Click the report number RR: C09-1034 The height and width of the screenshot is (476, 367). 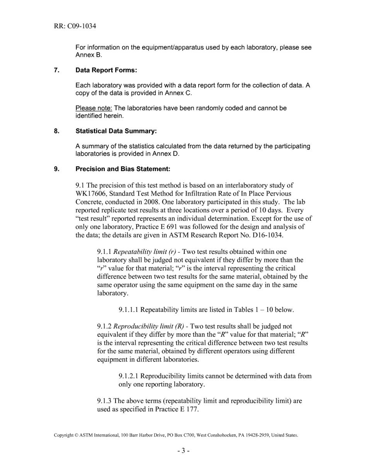tap(75, 26)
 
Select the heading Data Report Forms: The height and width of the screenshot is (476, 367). tap(106, 70)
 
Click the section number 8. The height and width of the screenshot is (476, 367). tap(56, 131)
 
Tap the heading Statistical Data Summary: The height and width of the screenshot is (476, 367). tap(116, 131)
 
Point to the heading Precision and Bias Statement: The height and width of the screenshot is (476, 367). tap(123, 169)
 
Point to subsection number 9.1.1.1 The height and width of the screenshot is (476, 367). tap(129, 310)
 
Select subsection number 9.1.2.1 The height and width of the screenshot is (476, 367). tap(129, 376)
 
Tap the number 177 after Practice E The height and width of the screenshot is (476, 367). tap(192, 409)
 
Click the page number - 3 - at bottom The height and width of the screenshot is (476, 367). tap(183, 450)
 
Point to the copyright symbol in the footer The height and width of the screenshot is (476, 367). tap(76, 435)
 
